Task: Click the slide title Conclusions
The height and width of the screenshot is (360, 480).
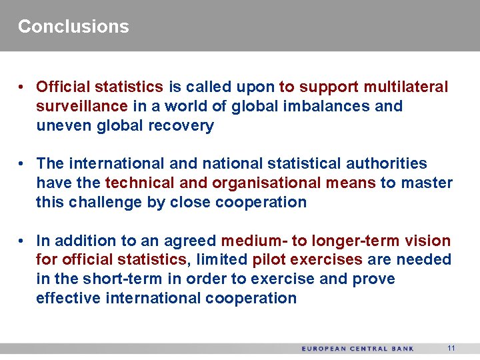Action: (x=73, y=27)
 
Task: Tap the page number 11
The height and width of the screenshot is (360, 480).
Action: (x=451, y=348)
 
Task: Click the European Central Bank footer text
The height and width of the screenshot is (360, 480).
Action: (x=357, y=349)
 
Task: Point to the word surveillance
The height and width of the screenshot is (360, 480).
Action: (x=81, y=106)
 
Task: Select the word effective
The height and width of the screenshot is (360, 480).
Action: (x=68, y=298)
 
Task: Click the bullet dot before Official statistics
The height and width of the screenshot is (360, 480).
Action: (x=22, y=87)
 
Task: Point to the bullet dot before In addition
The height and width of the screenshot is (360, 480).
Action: (x=22, y=241)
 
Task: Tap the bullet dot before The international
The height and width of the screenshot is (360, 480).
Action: (x=22, y=164)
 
